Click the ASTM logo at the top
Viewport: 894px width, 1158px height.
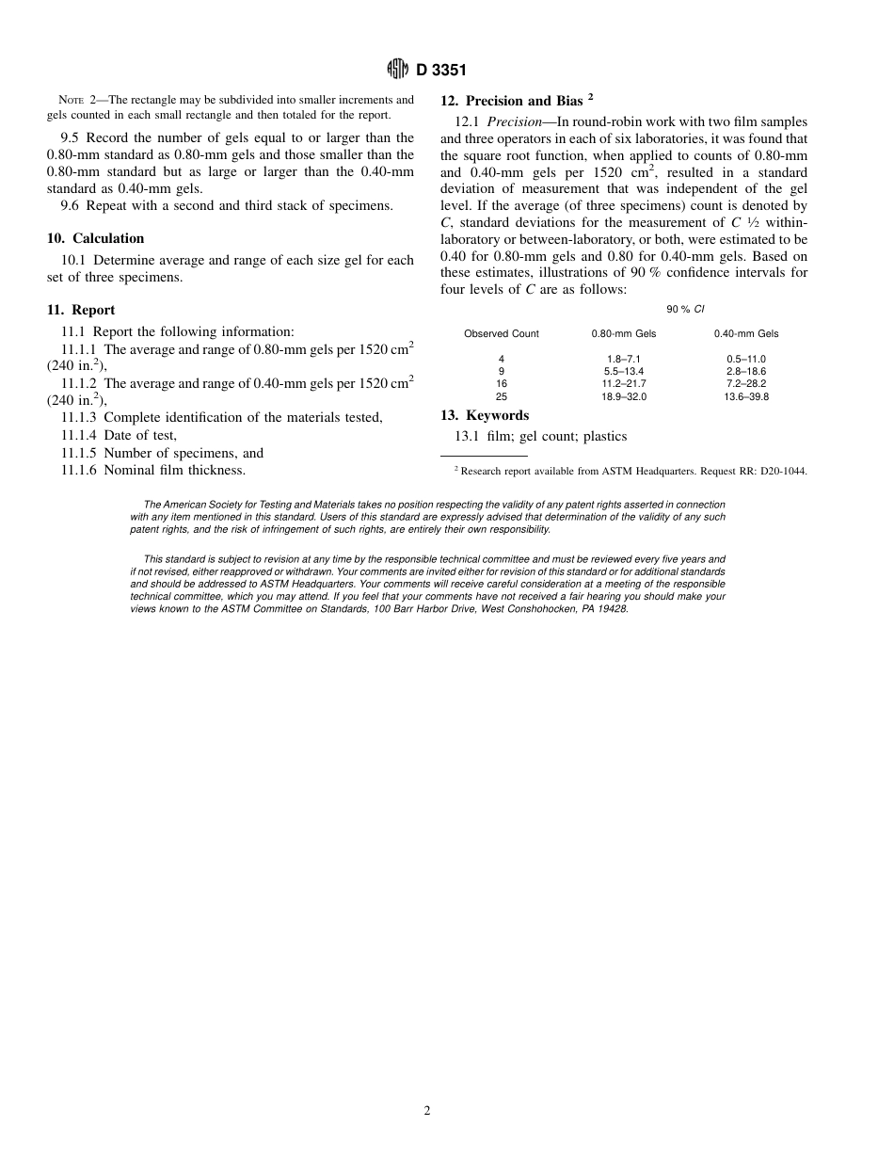(397, 69)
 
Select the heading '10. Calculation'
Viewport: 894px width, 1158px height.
(95, 238)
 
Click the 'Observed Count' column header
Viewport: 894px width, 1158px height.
(502, 333)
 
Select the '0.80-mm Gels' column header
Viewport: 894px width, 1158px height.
(624, 333)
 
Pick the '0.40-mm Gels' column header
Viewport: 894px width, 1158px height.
(746, 333)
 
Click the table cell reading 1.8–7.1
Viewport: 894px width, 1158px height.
(624, 360)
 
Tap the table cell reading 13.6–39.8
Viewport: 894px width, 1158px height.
(746, 397)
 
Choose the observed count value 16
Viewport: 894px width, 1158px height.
(502, 384)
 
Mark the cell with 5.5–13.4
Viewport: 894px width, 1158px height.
(624, 372)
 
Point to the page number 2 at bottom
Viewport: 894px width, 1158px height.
(427, 1111)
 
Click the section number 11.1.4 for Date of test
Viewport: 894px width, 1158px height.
(78, 435)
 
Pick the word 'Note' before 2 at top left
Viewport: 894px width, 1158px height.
(72, 100)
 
